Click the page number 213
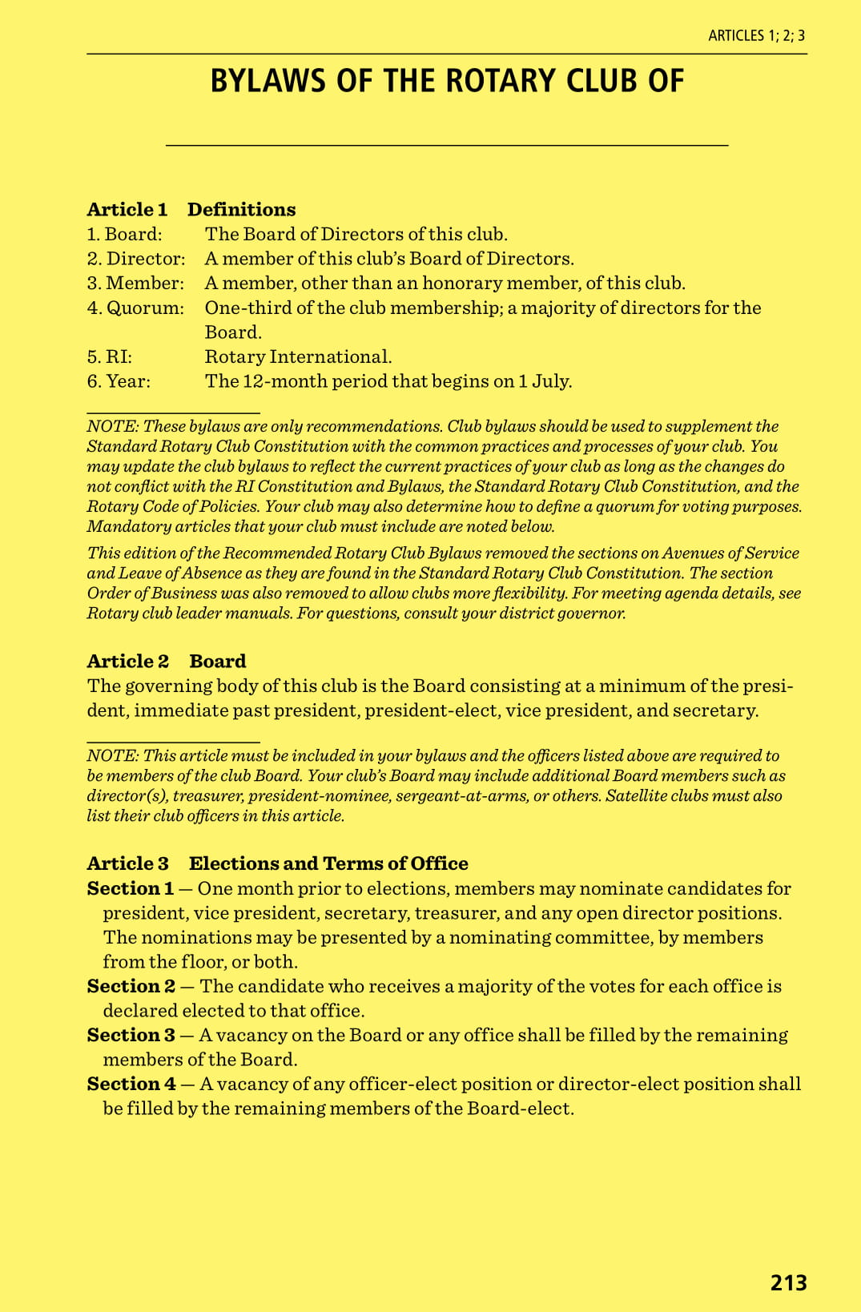[x=788, y=1282]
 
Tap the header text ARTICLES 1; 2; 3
[x=756, y=35]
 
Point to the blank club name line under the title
[x=446, y=143]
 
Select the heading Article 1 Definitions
[x=191, y=210]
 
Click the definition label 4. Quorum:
[x=135, y=308]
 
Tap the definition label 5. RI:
[x=110, y=357]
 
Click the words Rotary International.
[x=298, y=357]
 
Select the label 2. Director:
[x=136, y=259]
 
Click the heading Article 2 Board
[x=167, y=662]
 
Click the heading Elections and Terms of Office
[x=328, y=863]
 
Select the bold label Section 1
[x=131, y=888]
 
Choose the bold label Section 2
[x=131, y=986]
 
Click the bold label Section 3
[x=131, y=1035]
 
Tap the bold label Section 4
[x=131, y=1084]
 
